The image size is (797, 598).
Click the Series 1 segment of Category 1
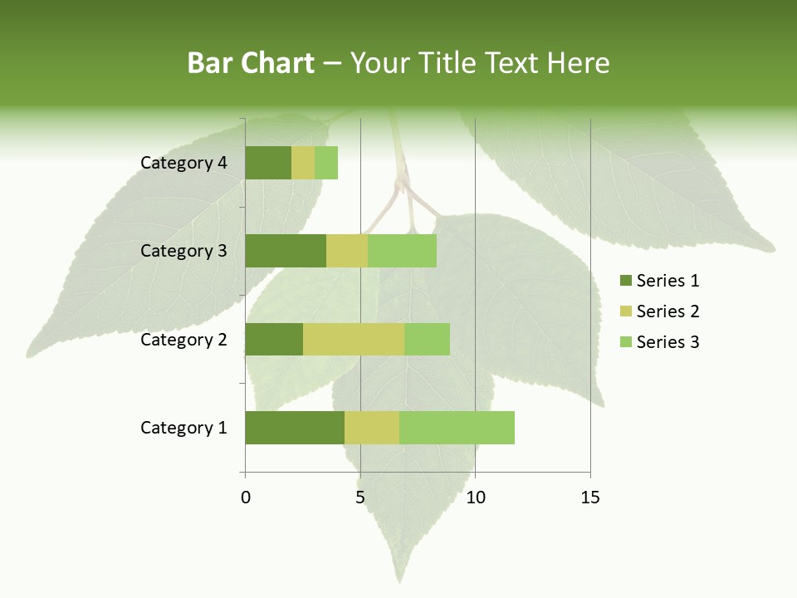coord(295,428)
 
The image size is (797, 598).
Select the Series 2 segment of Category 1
coord(372,428)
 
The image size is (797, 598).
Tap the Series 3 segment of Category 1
coord(457,428)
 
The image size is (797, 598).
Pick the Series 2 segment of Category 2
coord(354,339)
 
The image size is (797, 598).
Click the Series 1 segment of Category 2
coord(274,339)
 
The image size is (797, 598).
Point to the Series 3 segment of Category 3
coord(402,251)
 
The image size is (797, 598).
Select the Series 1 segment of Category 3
coord(286,251)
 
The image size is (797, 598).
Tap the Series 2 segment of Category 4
coord(303,163)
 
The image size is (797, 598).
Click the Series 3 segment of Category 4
coord(326,163)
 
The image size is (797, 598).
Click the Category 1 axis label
coord(183,428)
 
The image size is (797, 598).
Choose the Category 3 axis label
coord(183,251)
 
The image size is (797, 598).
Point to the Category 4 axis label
coord(183,163)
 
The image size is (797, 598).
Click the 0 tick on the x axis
coord(246,498)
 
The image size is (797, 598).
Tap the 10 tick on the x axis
coord(475,498)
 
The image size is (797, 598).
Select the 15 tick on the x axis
coord(590,498)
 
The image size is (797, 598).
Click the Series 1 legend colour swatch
coord(625,281)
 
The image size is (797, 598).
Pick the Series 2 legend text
coord(667,311)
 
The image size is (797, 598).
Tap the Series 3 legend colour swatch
coord(625,342)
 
